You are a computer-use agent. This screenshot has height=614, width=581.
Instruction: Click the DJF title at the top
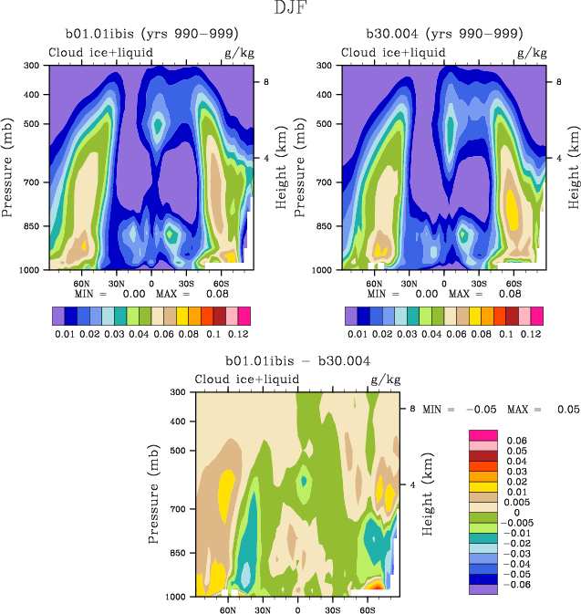coord(289,9)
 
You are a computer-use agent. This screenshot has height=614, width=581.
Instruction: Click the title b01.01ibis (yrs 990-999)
coord(150,34)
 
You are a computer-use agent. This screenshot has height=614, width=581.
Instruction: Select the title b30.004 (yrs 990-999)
coord(444,34)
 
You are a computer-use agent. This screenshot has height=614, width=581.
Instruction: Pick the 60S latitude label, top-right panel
coord(513,284)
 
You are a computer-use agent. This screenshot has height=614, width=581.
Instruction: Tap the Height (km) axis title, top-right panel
coord(574,168)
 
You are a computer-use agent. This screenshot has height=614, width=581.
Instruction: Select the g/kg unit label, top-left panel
coord(239,53)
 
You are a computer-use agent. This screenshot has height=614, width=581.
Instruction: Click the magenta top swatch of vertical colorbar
coord(484,434)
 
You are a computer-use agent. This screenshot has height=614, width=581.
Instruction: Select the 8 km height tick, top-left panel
coord(265,81)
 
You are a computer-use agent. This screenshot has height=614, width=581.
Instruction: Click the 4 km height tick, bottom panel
coord(412,484)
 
